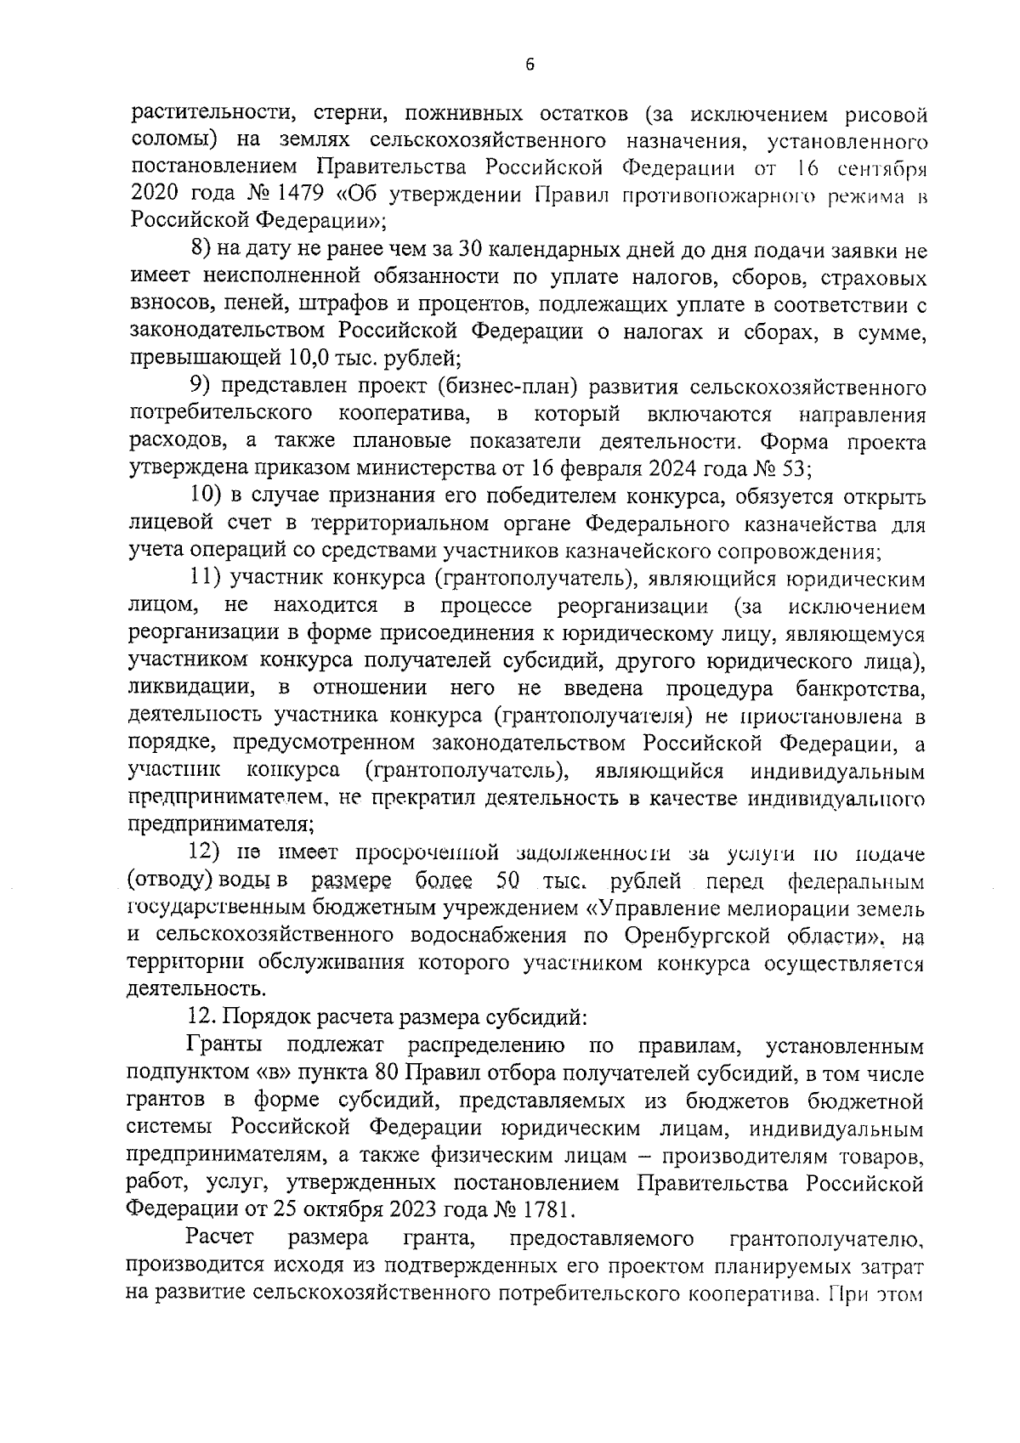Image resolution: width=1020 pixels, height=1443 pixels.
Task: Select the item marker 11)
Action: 204,580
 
